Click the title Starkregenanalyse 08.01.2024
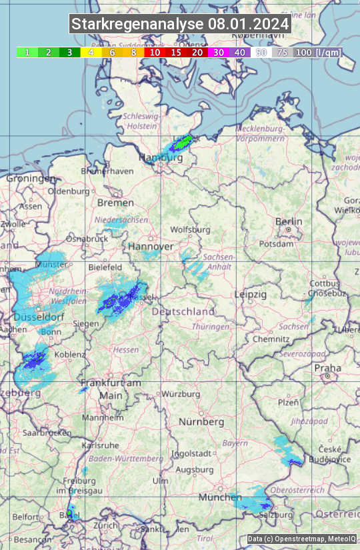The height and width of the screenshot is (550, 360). [x=180, y=25]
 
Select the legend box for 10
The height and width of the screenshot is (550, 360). [x=155, y=52]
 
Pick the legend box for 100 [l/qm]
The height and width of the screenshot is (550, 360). [x=317, y=52]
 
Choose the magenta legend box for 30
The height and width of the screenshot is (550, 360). [x=218, y=52]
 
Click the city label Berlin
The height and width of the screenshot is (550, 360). [x=289, y=221]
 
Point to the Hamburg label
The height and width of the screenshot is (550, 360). [x=160, y=158]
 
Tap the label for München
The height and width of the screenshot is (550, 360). [x=220, y=497]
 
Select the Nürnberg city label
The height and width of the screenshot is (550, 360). [x=201, y=422]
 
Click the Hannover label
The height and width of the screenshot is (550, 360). [x=151, y=247]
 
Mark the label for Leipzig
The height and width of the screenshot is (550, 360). [x=251, y=294]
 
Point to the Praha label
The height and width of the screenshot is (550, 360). [x=328, y=368]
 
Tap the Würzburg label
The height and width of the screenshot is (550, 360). [x=181, y=394]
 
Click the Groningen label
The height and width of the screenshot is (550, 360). [x=31, y=179]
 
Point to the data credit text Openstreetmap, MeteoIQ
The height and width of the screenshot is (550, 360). [x=301, y=539]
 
